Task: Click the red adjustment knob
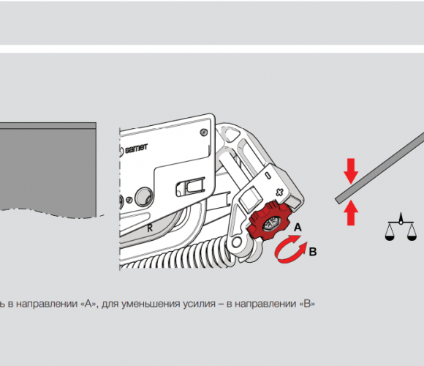click(x=268, y=221)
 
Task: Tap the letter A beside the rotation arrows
click(x=298, y=227)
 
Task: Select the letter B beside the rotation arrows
click(x=313, y=252)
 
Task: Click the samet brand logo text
click(x=136, y=148)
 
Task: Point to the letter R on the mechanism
click(x=150, y=228)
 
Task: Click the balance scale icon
click(x=401, y=228)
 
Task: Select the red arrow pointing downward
click(x=351, y=171)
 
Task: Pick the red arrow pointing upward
click(x=351, y=212)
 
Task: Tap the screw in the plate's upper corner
click(x=204, y=132)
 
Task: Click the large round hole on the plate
click(x=144, y=196)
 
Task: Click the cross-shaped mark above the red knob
click(x=279, y=193)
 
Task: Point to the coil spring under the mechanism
click(x=178, y=255)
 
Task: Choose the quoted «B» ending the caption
click(x=308, y=304)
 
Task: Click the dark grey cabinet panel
click(x=48, y=170)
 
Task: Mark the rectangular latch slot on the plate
click(x=190, y=187)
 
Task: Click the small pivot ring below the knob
click(x=237, y=242)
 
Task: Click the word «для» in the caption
click(x=110, y=305)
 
